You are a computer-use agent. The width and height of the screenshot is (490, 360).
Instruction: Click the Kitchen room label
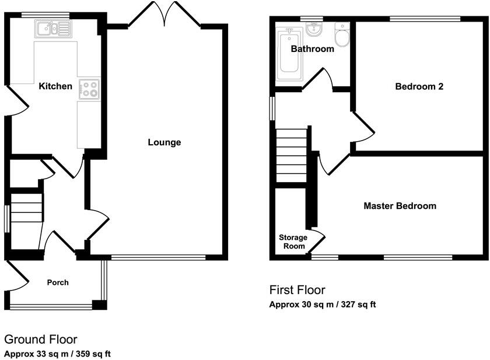[55, 86]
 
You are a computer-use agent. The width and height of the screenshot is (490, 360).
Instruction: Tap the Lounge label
[164, 142]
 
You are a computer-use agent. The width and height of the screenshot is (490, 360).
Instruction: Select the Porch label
[58, 282]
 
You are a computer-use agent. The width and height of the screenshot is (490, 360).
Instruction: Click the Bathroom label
[312, 49]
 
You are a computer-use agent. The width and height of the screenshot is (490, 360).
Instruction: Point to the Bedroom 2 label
[419, 86]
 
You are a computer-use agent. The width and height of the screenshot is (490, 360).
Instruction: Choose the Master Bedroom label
[400, 206]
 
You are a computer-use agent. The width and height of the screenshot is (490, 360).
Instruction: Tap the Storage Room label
[293, 242]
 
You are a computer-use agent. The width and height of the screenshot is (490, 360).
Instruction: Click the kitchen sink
[54, 29]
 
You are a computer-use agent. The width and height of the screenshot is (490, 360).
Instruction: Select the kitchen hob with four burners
[89, 89]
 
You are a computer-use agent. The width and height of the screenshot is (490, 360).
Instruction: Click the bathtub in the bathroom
[289, 54]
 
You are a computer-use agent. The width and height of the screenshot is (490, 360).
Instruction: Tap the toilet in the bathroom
[342, 34]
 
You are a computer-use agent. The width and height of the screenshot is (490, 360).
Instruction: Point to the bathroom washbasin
[314, 29]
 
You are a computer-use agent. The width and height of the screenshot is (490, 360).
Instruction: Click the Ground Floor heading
[41, 340]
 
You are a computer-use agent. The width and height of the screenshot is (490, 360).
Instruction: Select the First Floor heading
[297, 290]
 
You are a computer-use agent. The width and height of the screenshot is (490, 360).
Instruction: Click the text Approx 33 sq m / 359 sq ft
[58, 354]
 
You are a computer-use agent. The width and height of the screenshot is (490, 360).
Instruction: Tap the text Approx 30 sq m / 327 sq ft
[323, 305]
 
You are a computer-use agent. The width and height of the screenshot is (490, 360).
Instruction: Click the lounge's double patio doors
[164, 15]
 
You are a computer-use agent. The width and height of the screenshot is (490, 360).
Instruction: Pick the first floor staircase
[292, 155]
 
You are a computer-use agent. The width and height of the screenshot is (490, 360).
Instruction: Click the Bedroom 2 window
[425, 19]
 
